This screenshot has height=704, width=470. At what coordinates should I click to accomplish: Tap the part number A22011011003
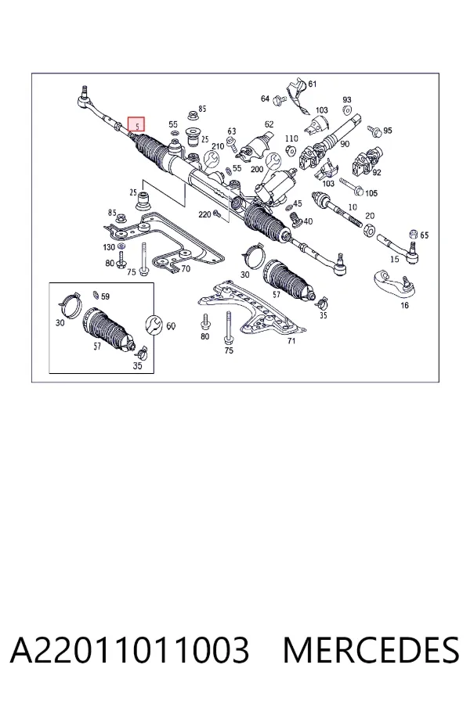129,650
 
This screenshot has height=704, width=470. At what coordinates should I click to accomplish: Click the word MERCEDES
371,650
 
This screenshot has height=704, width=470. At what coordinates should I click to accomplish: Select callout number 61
312,84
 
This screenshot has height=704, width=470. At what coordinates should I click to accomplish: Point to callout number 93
347,99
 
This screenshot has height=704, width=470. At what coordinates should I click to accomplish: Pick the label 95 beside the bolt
388,130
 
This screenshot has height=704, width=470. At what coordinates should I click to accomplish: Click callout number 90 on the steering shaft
345,144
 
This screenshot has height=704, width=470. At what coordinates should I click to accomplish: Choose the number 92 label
377,172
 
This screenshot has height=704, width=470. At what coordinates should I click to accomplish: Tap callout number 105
371,193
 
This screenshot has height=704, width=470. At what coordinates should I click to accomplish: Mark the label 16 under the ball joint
404,305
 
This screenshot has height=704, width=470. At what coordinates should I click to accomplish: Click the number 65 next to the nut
424,235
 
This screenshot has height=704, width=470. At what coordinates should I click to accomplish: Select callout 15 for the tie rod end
395,259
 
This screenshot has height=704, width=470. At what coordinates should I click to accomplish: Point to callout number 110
291,138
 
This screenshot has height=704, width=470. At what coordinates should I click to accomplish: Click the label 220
204,214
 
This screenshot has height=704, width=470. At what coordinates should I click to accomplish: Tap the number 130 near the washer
109,247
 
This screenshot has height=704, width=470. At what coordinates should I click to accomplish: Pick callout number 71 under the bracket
291,341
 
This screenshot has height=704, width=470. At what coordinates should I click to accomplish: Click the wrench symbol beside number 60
154,325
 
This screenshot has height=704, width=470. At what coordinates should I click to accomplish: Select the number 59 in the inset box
105,296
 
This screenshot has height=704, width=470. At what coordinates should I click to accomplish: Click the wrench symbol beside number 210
211,160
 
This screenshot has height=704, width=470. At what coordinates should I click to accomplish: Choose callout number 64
265,99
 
